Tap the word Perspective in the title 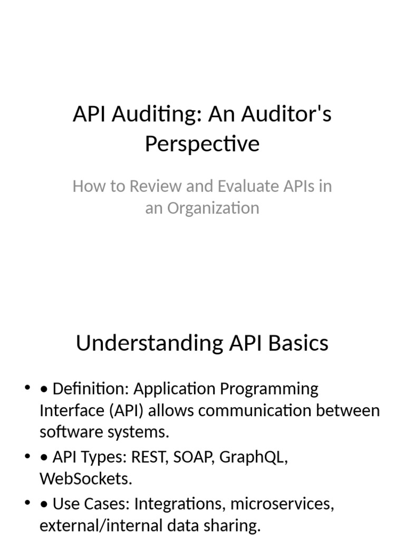click(x=202, y=143)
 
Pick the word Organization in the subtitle click(x=213, y=208)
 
